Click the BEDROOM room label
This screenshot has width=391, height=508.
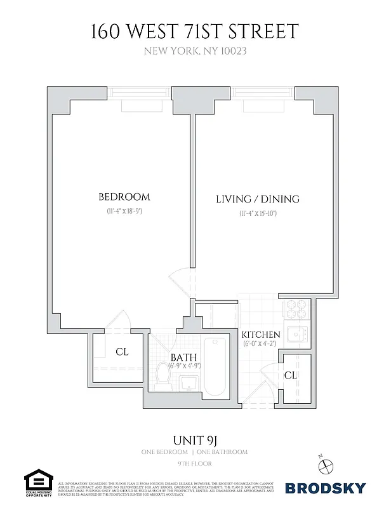tap(124, 196)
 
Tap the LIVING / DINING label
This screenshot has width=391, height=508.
tap(257, 199)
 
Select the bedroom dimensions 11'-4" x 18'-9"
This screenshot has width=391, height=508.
tap(124, 212)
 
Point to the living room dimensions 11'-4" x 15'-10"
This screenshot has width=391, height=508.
tap(257, 213)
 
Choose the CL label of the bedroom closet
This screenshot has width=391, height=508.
tap(122, 351)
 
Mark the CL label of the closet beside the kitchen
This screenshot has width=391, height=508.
tap(290, 375)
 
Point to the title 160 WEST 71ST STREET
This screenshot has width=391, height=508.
tap(195, 30)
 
